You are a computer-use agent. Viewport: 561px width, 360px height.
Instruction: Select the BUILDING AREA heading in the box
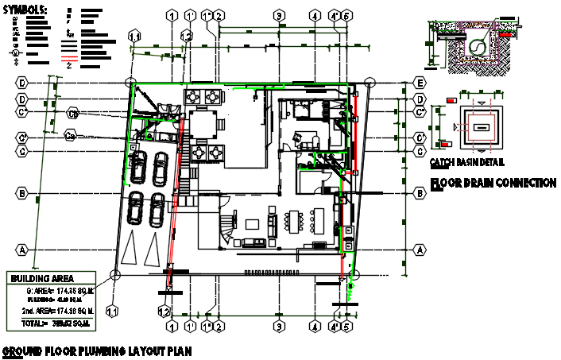pyautogui.click(x=41, y=278)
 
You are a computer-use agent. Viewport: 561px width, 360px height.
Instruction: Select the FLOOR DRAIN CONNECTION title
pyautogui.click(x=492, y=184)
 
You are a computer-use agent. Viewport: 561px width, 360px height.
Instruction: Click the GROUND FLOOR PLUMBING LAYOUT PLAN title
pyautogui.click(x=95, y=350)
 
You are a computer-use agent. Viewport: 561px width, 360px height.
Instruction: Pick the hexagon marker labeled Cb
pyautogui.click(x=72, y=113)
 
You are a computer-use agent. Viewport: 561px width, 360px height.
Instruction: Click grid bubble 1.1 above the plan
pyautogui.click(x=135, y=36)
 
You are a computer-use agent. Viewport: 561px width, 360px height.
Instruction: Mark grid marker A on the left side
pyautogui.click(x=23, y=249)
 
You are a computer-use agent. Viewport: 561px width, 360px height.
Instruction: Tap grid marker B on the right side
pyautogui.click(x=418, y=193)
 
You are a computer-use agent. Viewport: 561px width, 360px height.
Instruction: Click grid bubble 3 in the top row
pyautogui.click(x=279, y=15)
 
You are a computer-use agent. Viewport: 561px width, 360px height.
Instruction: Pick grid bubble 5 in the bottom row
pyautogui.click(x=347, y=326)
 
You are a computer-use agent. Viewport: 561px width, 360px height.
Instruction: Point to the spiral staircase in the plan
pyautogui.click(x=228, y=225)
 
